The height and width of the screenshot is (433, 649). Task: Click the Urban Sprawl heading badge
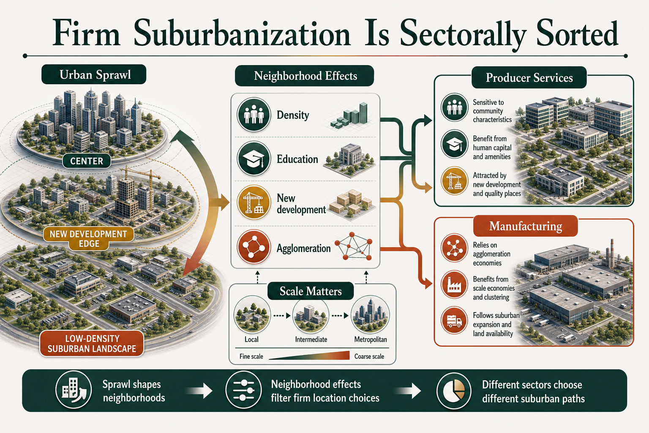click(94, 74)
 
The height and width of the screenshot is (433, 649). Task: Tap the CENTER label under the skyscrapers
click(87, 161)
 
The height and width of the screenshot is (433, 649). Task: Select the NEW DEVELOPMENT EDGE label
click(88, 238)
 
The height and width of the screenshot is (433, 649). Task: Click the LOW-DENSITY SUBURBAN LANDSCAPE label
click(92, 343)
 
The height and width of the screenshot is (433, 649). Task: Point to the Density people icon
click(254, 115)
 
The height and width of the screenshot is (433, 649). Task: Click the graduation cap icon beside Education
click(254, 159)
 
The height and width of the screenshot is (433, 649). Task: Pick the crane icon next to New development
click(254, 203)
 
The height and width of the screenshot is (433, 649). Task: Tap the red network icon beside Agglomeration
click(254, 247)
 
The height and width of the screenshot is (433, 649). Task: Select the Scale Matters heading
click(311, 291)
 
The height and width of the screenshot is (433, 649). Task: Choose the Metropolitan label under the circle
click(370, 339)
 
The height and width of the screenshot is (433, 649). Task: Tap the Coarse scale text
click(369, 356)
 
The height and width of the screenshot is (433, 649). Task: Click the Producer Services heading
click(529, 77)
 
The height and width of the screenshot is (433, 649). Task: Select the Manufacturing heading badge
click(526, 226)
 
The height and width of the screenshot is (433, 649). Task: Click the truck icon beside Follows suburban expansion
click(454, 321)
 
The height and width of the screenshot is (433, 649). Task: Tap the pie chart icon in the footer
click(454, 391)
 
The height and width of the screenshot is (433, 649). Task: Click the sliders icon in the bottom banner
click(243, 390)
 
